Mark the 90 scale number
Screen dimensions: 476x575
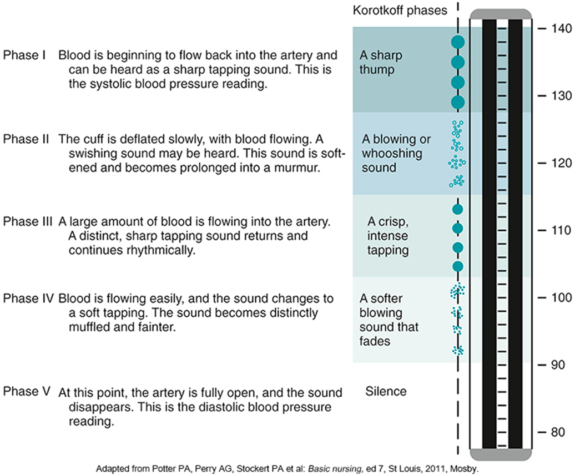click(x=558, y=365)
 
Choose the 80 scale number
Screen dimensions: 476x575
click(x=558, y=432)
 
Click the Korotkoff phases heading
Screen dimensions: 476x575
click(x=400, y=11)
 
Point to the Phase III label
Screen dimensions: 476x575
click(x=28, y=221)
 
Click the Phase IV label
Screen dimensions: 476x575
click(x=28, y=298)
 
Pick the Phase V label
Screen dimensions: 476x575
click(x=27, y=392)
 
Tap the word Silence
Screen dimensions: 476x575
click(x=386, y=392)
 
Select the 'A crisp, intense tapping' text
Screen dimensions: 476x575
click(x=387, y=236)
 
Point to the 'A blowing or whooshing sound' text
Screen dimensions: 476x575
click(x=392, y=153)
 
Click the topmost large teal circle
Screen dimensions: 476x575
click(x=458, y=42)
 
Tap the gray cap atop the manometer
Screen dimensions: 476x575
click(x=501, y=14)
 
